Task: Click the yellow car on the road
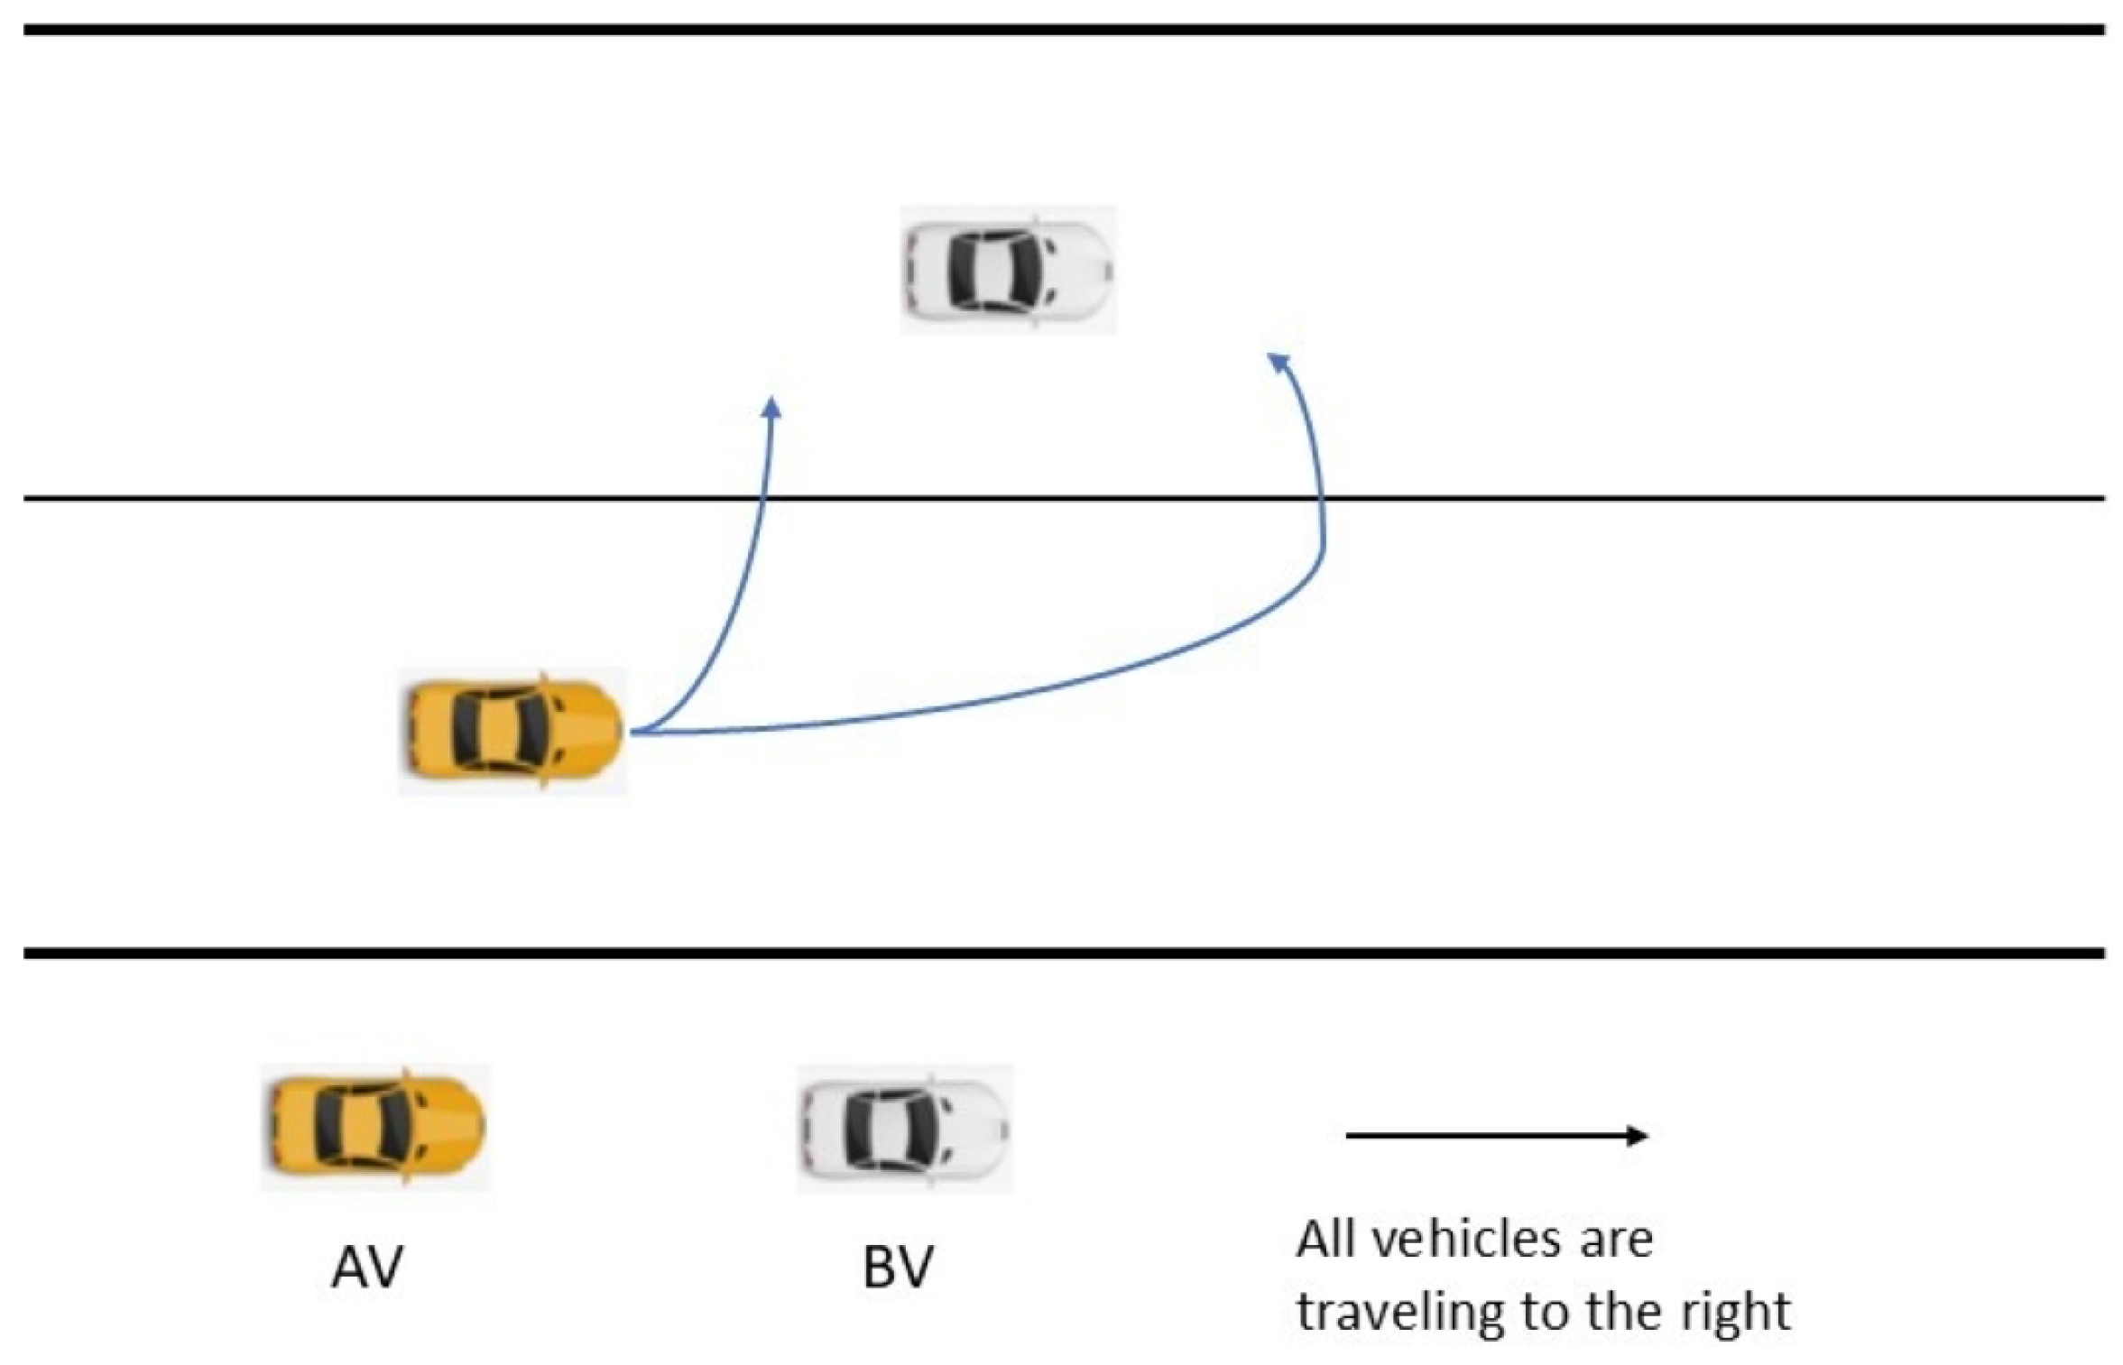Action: click(x=512, y=730)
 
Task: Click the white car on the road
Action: click(x=1008, y=270)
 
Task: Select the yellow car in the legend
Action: click(x=375, y=1126)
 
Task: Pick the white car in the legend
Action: click(x=905, y=1128)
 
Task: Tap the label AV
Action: click(x=366, y=1268)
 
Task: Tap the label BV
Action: click(x=897, y=1268)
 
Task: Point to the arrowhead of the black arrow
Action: click(x=1638, y=1135)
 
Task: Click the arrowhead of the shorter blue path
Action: click(x=771, y=407)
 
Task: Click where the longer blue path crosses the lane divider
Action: click(x=1323, y=498)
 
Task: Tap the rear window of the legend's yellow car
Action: click(x=327, y=1126)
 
